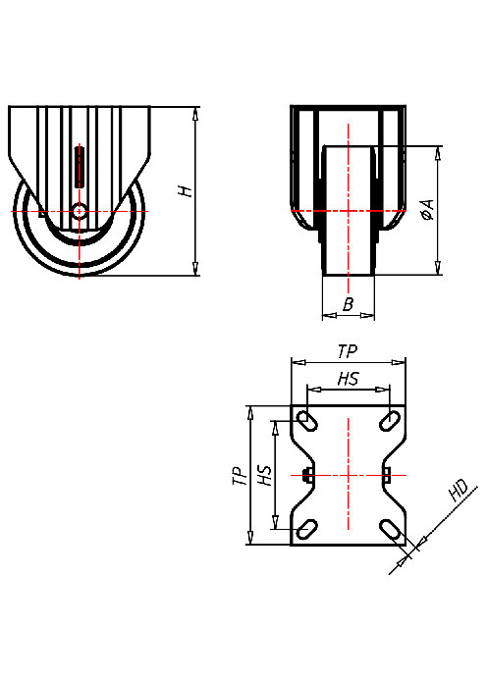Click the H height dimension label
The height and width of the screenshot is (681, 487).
185,190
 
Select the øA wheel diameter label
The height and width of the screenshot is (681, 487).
427,210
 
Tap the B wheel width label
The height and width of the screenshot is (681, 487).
349,305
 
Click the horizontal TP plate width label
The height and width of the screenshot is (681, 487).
348,351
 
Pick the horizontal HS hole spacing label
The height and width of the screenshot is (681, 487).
348,378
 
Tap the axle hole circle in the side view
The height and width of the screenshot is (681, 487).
79,210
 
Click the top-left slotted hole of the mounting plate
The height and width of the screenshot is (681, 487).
306,421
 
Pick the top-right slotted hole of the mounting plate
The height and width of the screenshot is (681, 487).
390,421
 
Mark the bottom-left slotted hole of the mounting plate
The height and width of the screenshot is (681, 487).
306,530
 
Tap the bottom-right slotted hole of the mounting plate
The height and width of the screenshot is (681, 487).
390,530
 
